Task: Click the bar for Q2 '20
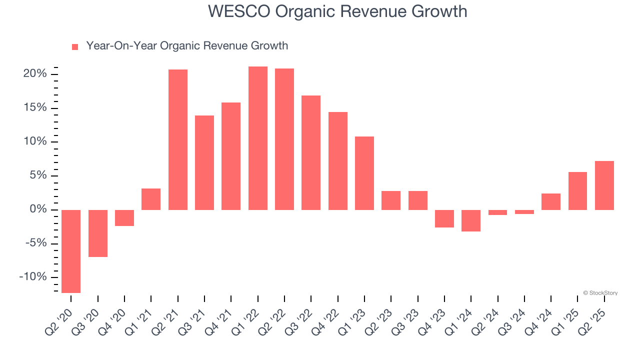point(71,251)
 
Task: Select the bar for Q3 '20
point(98,233)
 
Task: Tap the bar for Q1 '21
point(151,199)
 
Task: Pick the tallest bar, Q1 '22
point(258,138)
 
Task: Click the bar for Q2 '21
point(178,139)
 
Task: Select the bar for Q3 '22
point(311,152)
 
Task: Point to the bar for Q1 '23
point(364,173)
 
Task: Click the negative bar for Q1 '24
point(471,220)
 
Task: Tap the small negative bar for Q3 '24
point(524,212)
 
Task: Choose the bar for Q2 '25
point(604,185)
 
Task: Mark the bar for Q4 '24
point(551,201)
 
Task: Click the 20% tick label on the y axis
point(35,74)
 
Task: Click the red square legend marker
point(75,46)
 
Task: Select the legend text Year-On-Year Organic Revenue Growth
point(187,46)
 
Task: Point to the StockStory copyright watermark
point(600,293)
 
